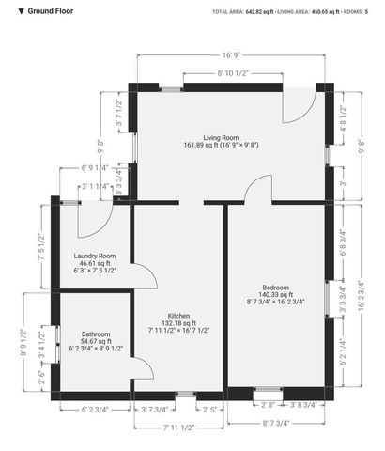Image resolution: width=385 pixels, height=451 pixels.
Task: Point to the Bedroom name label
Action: pos(275,287)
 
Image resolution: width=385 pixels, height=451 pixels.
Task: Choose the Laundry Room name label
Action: pos(95,256)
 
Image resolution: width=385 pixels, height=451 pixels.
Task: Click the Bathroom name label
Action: pos(95,334)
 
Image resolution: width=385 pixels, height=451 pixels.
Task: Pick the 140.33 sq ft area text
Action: pos(275,294)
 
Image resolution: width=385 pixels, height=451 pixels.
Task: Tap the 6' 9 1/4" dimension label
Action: pos(95,168)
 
